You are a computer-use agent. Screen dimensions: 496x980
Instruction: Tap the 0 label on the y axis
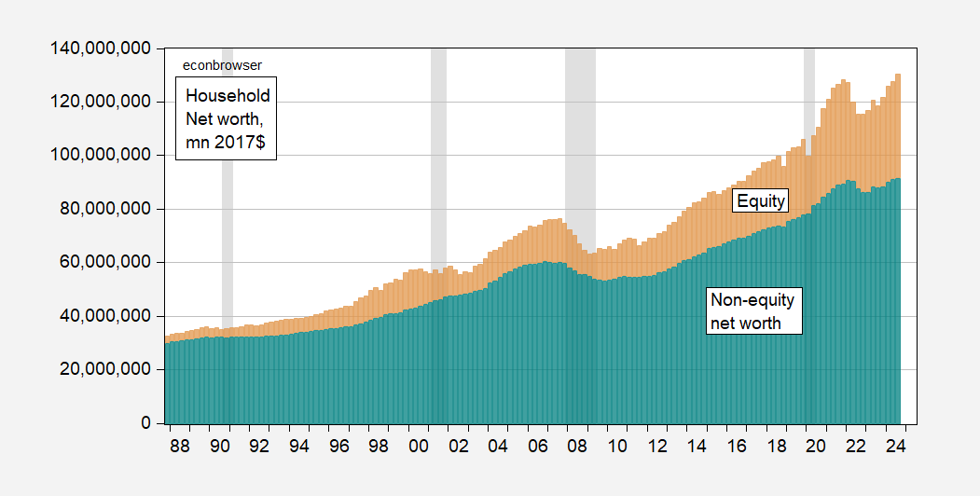145,423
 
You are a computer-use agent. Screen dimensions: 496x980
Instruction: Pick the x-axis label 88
180,446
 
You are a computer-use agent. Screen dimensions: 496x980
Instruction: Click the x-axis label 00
419,446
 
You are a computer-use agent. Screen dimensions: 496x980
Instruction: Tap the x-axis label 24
897,446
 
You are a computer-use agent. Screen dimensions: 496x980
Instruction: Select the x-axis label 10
617,446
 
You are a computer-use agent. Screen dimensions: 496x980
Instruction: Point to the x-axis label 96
339,446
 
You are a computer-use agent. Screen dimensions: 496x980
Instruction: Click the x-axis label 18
777,446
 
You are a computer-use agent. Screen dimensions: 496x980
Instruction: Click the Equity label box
761,200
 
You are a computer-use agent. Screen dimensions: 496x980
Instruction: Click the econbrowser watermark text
221,65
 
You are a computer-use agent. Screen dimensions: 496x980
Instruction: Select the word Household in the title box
228,95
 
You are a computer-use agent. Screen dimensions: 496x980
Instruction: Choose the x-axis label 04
498,446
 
